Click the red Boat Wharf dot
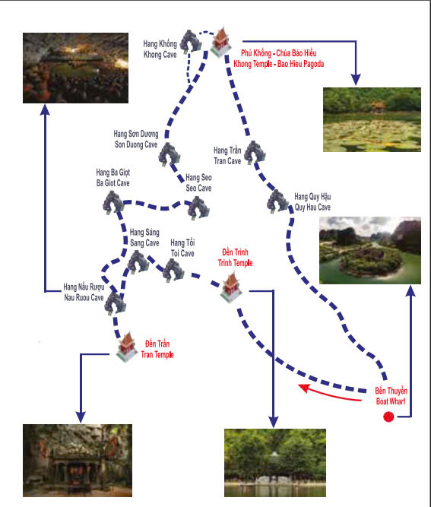388,417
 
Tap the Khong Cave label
160,49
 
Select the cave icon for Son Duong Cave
169,154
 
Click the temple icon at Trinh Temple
231,287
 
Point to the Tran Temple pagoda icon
127,347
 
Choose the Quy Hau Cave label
312,201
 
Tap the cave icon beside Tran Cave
255,152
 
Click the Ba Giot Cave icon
113,202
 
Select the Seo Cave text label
198,182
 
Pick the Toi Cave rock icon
173,271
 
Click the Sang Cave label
144,237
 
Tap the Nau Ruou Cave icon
115,303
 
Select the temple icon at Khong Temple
221,42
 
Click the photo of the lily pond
372,119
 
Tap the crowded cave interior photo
76,68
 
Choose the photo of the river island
370,250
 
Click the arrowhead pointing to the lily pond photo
356,80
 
